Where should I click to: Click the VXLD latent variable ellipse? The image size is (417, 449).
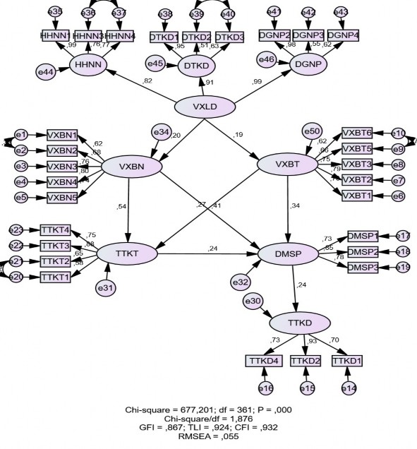click(x=205, y=107)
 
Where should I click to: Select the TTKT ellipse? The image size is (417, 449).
click(x=127, y=252)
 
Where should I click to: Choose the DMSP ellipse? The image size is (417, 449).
click(x=288, y=252)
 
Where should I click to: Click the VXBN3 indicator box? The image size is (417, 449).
click(x=63, y=167)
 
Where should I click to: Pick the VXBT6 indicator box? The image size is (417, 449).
click(x=357, y=133)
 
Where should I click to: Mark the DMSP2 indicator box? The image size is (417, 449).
click(x=363, y=251)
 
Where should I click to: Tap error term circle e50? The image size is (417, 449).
click(x=311, y=131)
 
